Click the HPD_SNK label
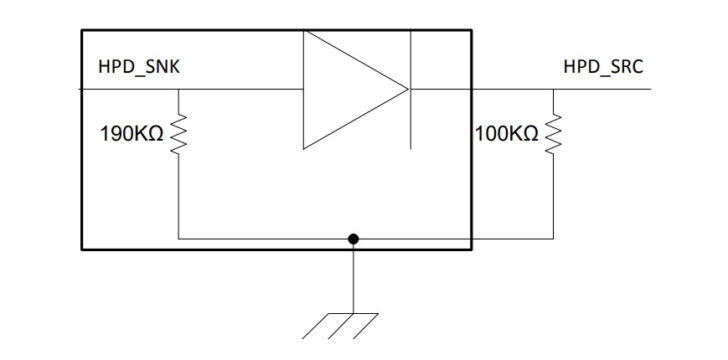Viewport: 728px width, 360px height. click(139, 67)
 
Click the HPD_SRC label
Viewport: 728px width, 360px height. click(603, 67)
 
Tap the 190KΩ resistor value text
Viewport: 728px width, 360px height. click(132, 134)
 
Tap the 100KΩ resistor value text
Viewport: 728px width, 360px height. click(507, 134)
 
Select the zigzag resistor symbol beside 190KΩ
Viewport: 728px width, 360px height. click(178, 134)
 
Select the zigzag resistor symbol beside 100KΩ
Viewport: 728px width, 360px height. click(553, 134)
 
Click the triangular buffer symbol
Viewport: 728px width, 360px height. click(356, 90)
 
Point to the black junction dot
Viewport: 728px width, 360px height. click(354, 239)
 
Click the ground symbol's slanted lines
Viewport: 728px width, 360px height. click(340, 326)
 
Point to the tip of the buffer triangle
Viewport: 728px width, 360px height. click(409, 89)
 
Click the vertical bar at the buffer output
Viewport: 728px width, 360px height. click(410, 90)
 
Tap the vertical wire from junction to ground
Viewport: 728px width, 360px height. click(354, 276)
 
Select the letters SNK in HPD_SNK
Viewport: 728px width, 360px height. click(163, 67)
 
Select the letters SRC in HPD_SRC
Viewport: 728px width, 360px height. click(627, 67)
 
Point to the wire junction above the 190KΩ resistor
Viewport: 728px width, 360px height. click(178, 89)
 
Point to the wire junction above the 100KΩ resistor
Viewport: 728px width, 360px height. click(553, 89)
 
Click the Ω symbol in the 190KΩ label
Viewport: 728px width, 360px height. click(157, 134)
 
